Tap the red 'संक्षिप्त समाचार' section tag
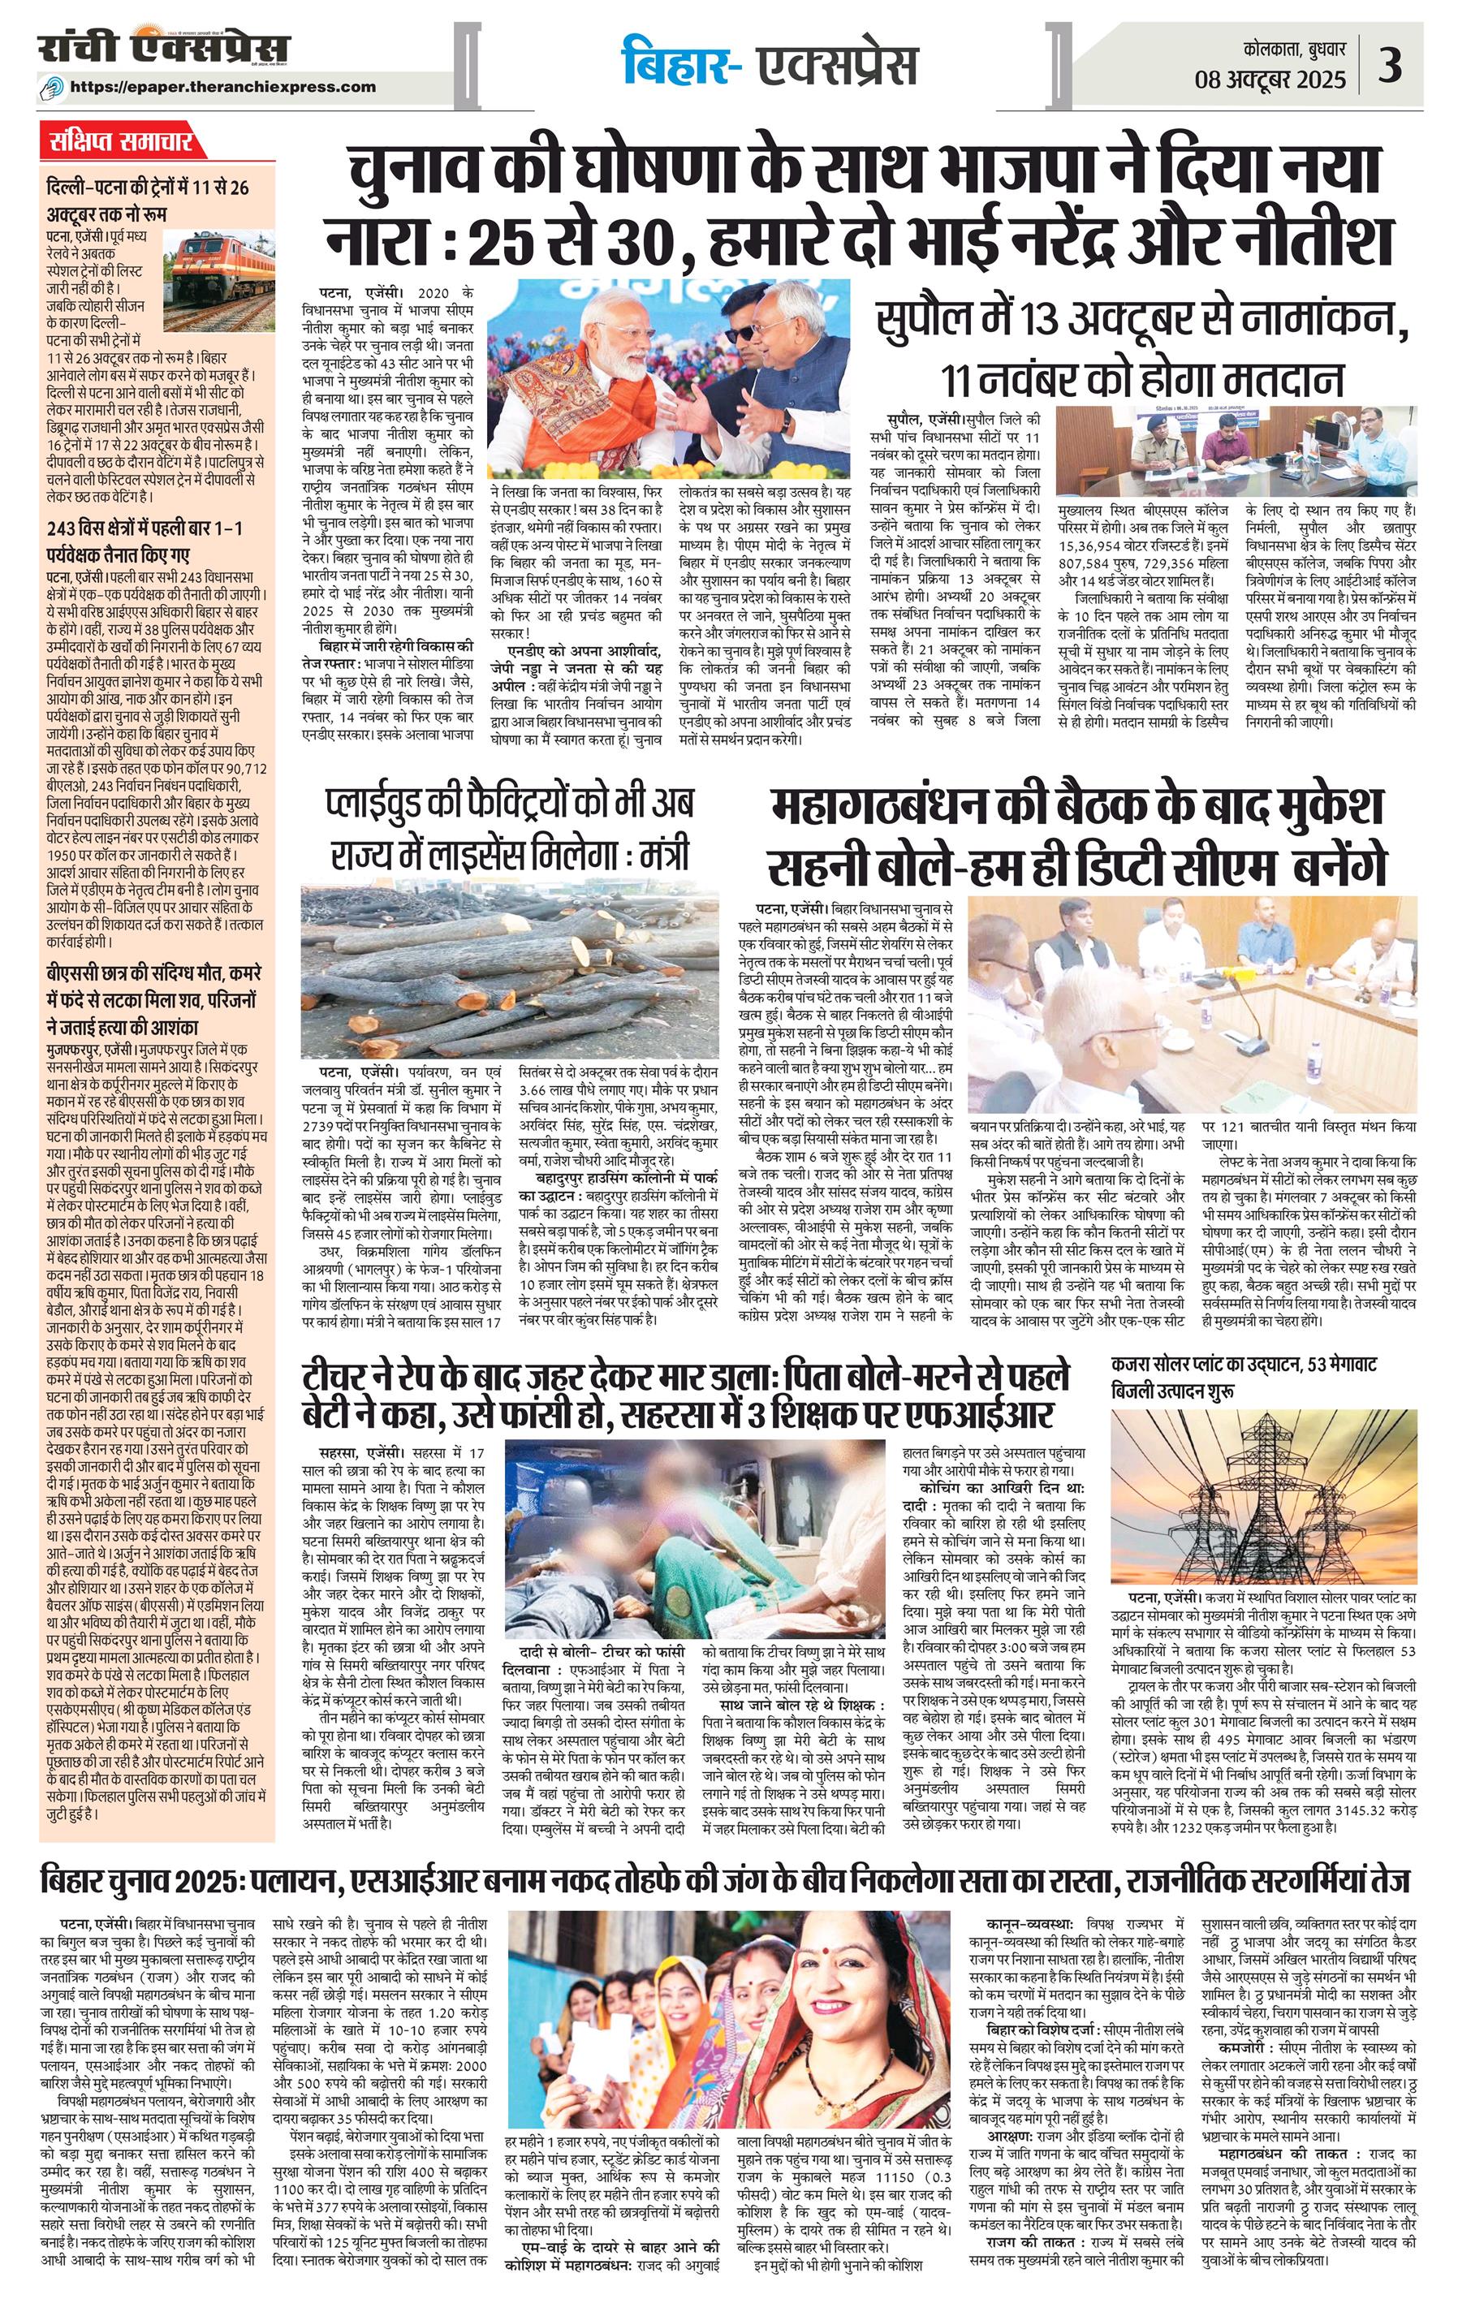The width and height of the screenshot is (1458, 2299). click(123, 145)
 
